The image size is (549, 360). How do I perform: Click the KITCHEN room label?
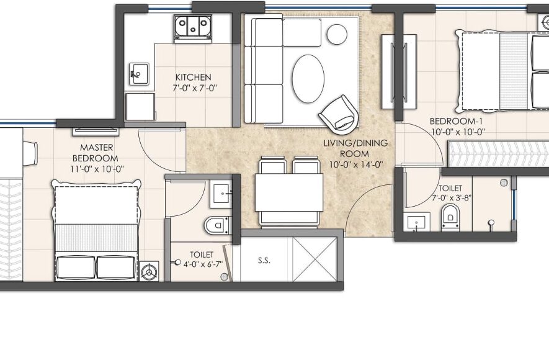(x=194, y=77)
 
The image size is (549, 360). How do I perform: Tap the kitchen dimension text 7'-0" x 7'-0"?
(x=194, y=88)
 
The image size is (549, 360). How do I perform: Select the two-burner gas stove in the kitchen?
(x=193, y=25)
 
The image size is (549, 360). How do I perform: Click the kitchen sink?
(x=139, y=73)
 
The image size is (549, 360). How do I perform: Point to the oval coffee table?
(x=308, y=78)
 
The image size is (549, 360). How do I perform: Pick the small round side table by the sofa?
(x=337, y=34)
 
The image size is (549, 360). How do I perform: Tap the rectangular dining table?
(x=289, y=192)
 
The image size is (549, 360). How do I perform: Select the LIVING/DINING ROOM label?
(x=355, y=148)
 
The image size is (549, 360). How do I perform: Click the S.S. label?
(x=264, y=261)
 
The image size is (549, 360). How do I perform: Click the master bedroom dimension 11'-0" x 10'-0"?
(x=97, y=169)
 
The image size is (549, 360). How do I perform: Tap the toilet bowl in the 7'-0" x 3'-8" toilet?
(x=450, y=217)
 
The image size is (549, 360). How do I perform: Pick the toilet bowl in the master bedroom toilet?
(x=218, y=225)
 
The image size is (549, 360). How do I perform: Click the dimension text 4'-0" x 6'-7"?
(x=203, y=264)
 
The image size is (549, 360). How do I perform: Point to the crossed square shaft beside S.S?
(x=315, y=259)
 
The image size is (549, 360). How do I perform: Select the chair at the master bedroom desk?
(x=30, y=153)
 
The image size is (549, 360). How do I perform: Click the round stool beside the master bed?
(x=149, y=271)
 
